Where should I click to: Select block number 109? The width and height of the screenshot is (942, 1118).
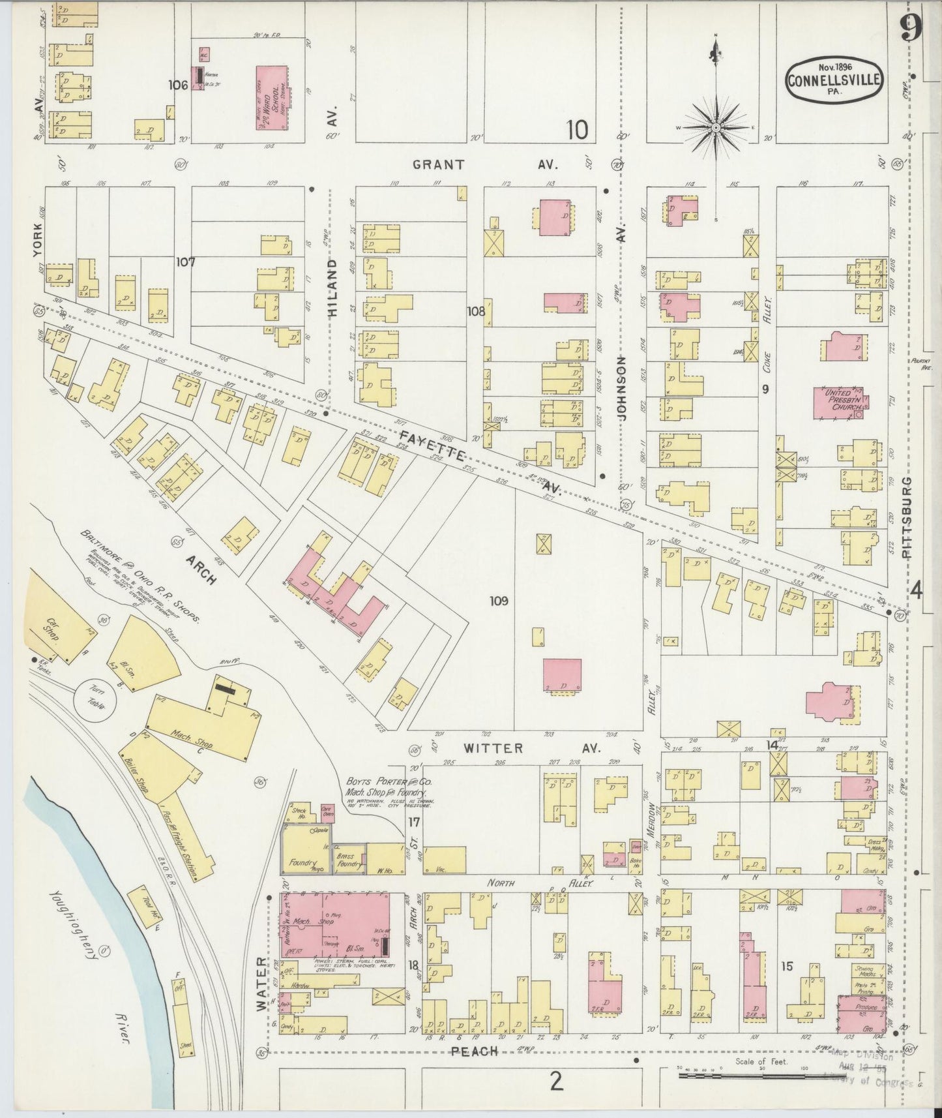click(x=500, y=601)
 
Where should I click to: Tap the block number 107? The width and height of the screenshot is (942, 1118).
click(x=186, y=262)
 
